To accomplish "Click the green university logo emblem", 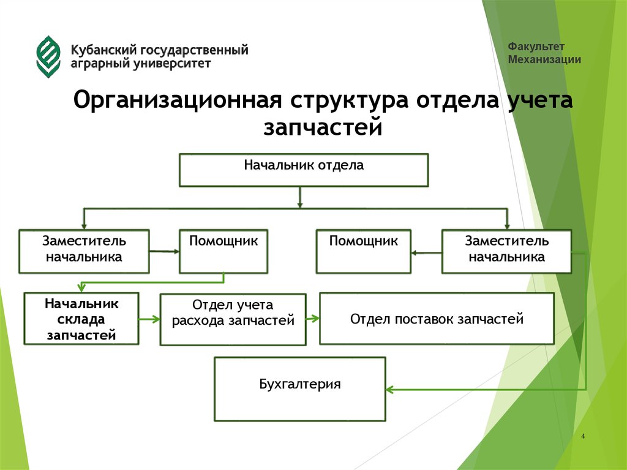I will tap(48, 56).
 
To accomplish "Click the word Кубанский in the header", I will tap(103, 50).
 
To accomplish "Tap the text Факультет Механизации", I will tap(544, 53).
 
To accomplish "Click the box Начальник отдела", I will tap(303, 170).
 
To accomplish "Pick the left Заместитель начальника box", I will tap(84, 251).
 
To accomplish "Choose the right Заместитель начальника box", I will tap(506, 251).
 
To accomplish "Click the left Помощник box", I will tap(223, 251).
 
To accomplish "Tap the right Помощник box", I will tap(363, 251).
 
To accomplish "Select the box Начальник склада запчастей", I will tap(81, 319).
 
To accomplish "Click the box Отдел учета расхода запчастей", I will tap(233, 319).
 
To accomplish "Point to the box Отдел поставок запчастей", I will tap(437, 319).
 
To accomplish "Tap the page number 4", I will tap(583, 436).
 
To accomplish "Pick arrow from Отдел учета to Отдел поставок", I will tap(312, 318).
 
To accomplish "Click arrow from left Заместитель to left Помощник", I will tap(164, 251).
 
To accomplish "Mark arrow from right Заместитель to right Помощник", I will tap(426, 252).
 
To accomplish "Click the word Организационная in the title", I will tap(178, 100).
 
